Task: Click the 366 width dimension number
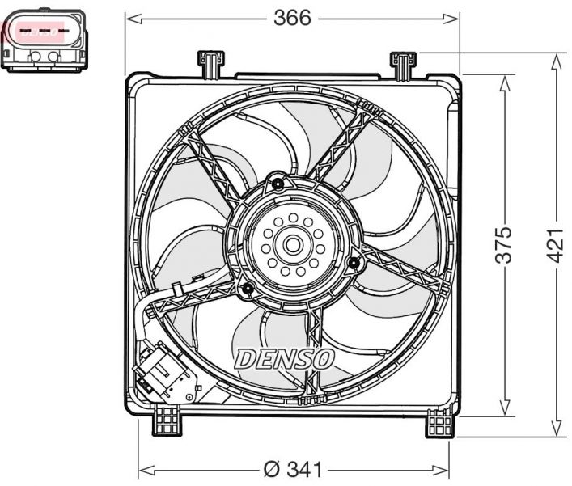(291, 18)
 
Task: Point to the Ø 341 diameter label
(294, 469)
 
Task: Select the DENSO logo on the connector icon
(39, 32)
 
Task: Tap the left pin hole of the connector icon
(36, 57)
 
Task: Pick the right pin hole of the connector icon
(54, 57)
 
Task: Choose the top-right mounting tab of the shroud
(403, 62)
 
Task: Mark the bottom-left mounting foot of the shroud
(167, 420)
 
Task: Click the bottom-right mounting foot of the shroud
(441, 421)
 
